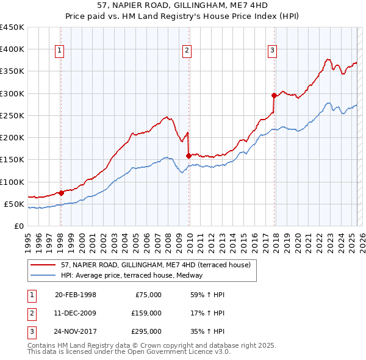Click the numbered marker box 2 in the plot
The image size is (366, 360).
(x=187, y=51)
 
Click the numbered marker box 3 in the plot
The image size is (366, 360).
(x=272, y=51)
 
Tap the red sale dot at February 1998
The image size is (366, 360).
(x=61, y=193)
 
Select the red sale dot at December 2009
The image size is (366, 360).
(x=188, y=156)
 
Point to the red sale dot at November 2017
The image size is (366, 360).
(x=274, y=95)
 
